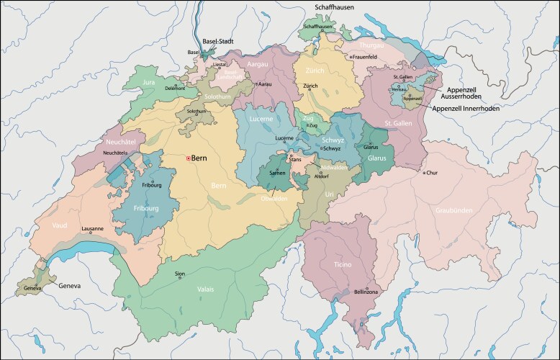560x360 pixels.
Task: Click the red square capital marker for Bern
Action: point(189,158)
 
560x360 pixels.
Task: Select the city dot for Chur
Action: point(424,173)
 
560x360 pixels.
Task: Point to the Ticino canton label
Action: point(342,264)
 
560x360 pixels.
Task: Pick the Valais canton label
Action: point(205,289)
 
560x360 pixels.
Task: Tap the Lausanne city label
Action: point(92,229)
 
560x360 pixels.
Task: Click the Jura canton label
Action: point(150,83)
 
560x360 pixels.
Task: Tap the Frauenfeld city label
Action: point(365,56)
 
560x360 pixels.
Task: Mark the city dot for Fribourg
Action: point(152,180)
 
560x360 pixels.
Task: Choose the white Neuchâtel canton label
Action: point(115,143)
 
